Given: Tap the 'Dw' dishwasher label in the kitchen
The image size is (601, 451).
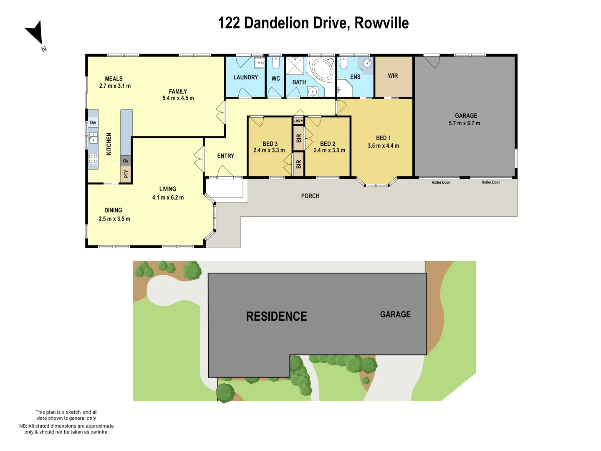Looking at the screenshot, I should [x=93, y=123].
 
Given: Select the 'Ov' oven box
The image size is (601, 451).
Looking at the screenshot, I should [x=126, y=161].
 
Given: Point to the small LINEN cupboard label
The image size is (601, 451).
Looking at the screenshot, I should [x=298, y=121].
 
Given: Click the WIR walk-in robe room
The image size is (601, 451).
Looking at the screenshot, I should [x=393, y=76].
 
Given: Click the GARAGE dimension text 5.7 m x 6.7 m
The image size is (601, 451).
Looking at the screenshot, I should [x=464, y=124].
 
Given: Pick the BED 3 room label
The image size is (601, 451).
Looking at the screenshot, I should [x=270, y=144].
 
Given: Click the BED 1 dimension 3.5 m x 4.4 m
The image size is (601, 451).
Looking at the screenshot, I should [x=383, y=146].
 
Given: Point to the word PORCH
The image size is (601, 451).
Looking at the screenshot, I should [x=310, y=196].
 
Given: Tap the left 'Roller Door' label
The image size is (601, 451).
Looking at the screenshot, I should [x=441, y=182].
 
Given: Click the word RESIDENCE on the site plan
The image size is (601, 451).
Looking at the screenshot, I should [x=276, y=317].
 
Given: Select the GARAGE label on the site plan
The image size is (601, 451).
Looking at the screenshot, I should [x=395, y=314].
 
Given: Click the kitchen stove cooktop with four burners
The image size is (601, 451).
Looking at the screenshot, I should [x=93, y=159].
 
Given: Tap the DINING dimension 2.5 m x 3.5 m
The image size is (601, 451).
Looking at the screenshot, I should [x=114, y=219].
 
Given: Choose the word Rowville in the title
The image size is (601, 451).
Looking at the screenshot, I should [x=381, y=23].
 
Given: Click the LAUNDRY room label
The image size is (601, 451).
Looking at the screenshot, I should [x=245, y=77].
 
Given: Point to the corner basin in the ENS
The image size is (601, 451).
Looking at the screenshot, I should [x=367, y=63].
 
